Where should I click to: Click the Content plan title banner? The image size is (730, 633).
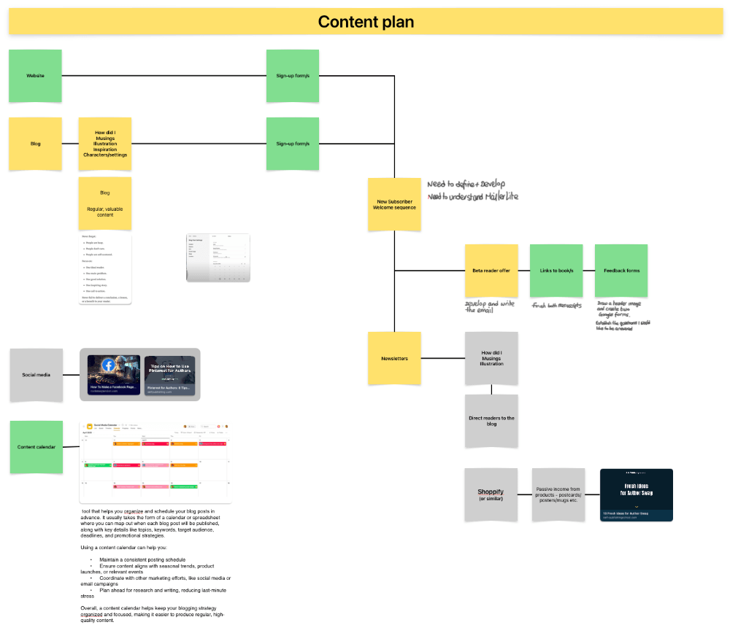coord(365,22)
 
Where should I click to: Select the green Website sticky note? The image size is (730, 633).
coord(35,76)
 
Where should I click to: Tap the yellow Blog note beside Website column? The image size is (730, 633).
coord(35,144)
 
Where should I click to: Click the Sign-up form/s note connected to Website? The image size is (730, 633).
coord(293,76)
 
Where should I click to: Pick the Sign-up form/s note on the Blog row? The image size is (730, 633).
coord(293,144)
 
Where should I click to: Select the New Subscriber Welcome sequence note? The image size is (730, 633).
coord(394,204)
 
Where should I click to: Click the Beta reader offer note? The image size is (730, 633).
coord(491,271)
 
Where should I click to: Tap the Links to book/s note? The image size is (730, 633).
coord(556,271)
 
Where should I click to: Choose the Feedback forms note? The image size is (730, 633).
coord(621,271)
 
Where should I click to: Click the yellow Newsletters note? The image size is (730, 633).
coord(394,358)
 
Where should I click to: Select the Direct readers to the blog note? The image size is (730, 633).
coord(491,421)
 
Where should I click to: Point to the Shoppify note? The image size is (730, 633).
coord(491,494)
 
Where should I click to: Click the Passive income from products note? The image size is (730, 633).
coord(558,494)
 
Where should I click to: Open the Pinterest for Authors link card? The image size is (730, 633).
coord(170,375)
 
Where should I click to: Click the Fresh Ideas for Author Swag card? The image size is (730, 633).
coord(636,495)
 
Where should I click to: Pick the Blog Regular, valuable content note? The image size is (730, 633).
coord(105,203)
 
